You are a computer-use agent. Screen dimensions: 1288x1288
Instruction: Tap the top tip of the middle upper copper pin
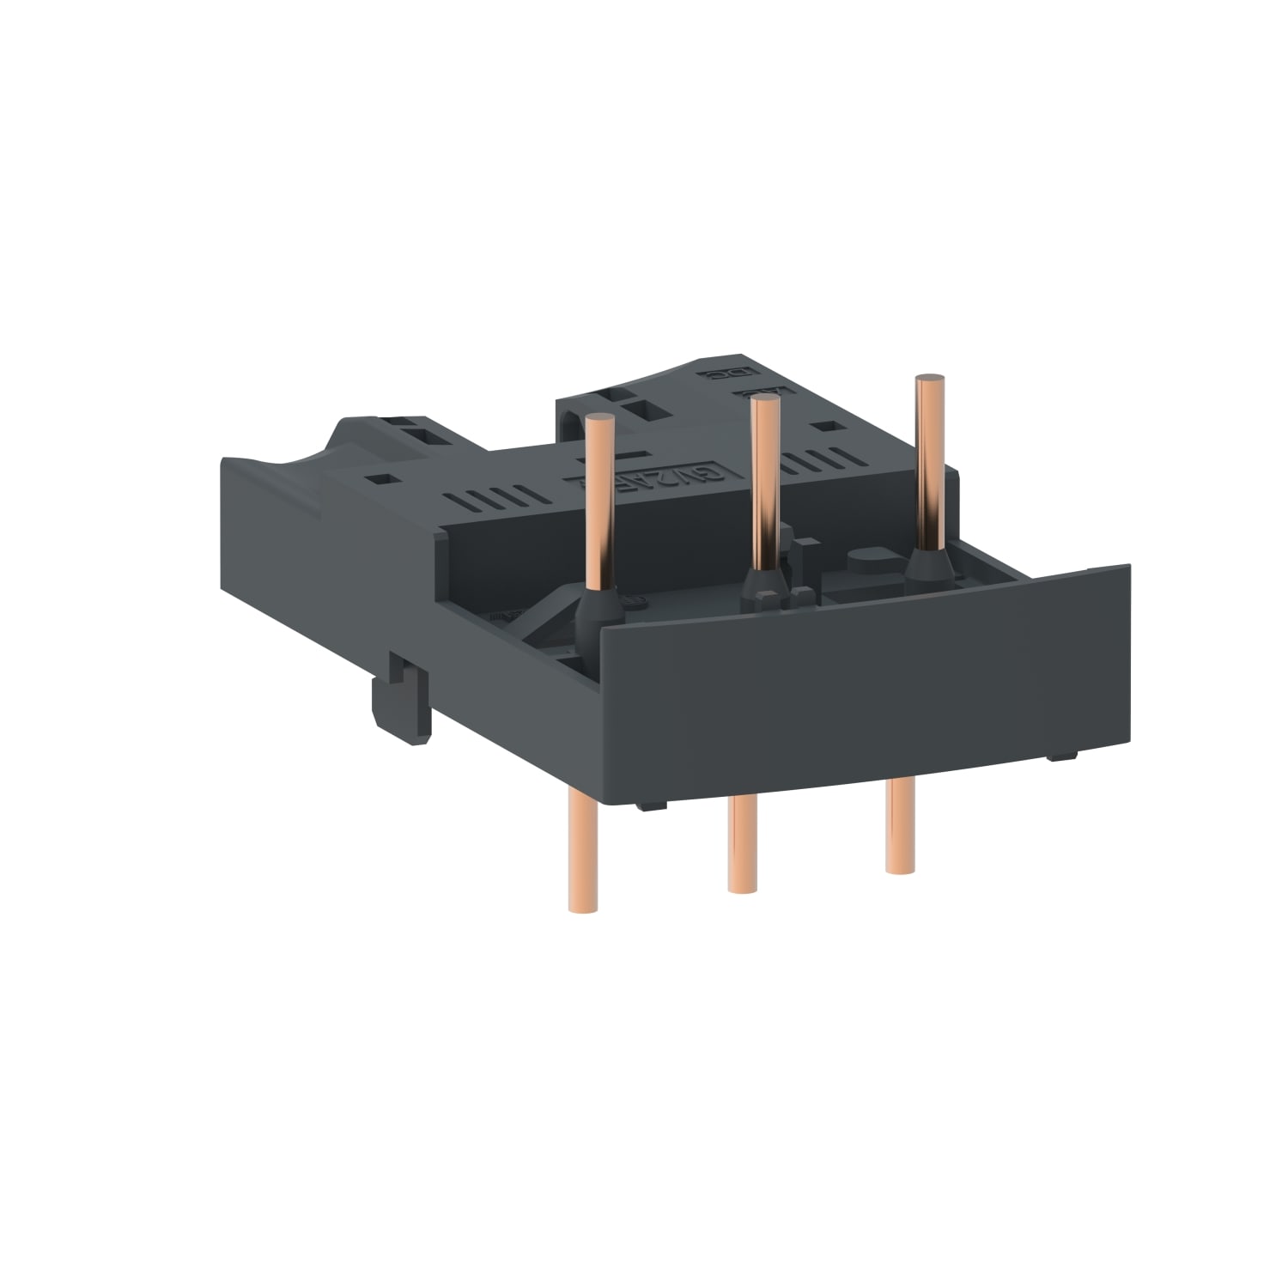762,402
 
